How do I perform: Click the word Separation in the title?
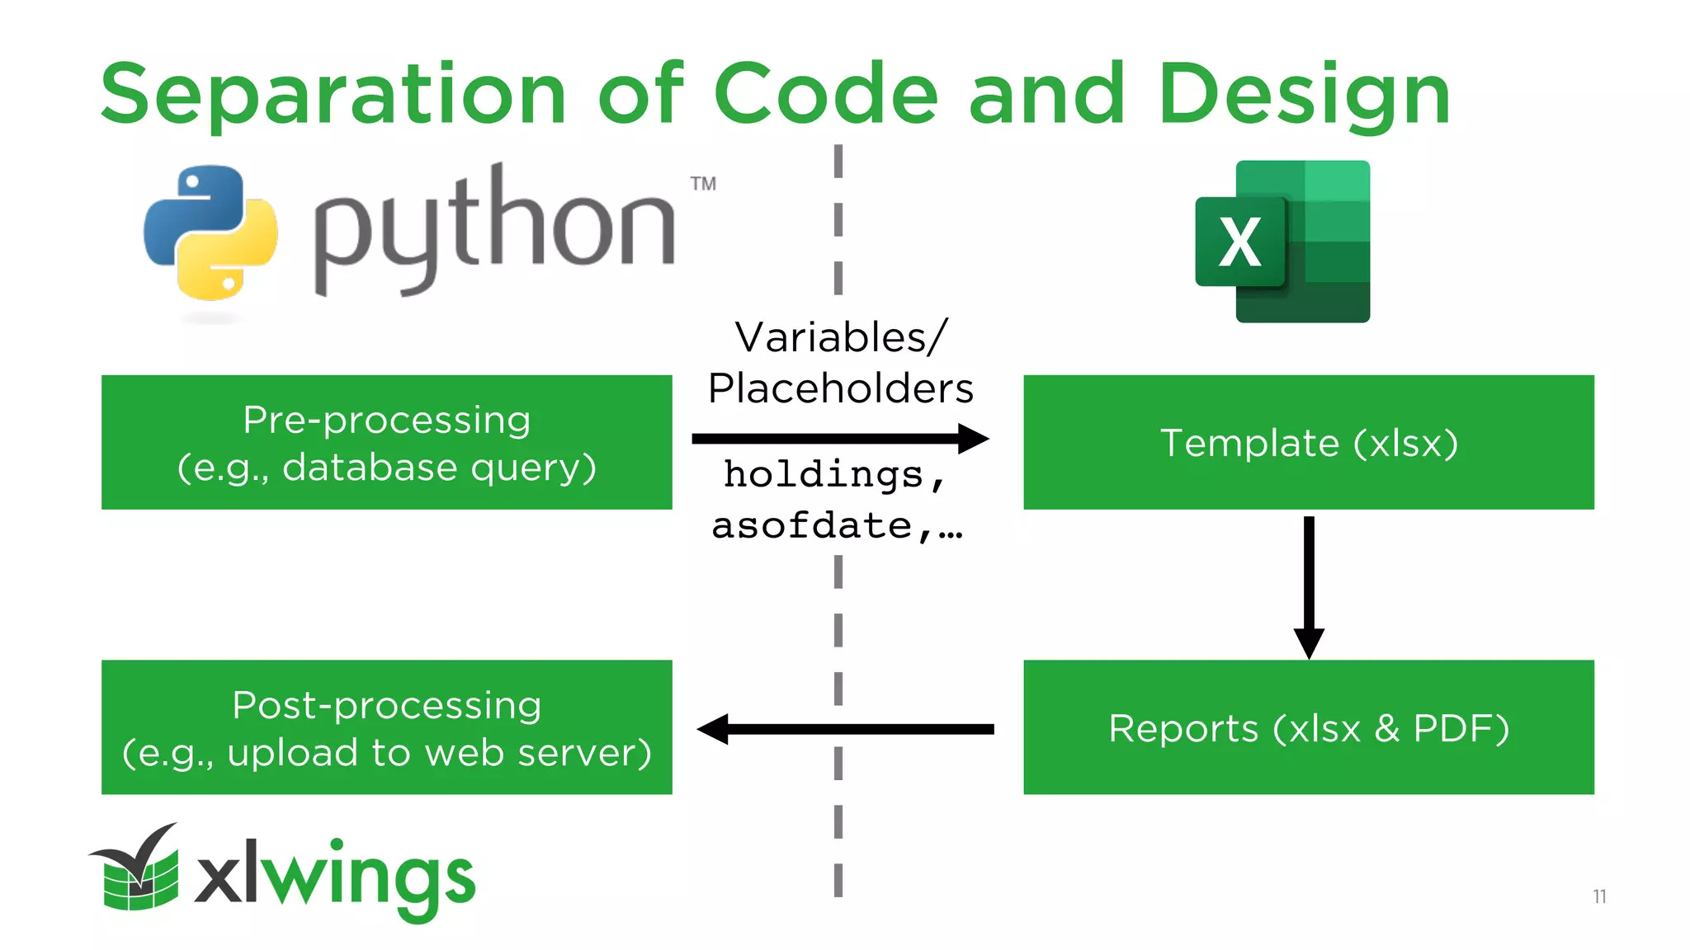[333, 95]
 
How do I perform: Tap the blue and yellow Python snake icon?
[210, 233]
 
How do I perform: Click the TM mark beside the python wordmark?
[703, 184]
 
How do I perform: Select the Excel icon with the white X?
[1282, 241]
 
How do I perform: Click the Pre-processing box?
[386, 442]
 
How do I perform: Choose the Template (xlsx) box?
[1308, 442]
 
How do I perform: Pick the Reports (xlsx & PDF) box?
[1308, 727]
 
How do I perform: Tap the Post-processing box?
[386, 727]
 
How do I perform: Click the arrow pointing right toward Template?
[840, 439]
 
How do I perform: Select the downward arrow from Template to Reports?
[1309, 586]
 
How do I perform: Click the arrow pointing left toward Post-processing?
[845, 729]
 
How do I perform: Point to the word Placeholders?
[840, 388]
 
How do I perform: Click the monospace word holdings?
[824, 475]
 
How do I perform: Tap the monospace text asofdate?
[812, 526]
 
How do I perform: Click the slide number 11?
[1599, 896]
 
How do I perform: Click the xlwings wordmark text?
[335, 877]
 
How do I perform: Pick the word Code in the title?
[825, 95]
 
